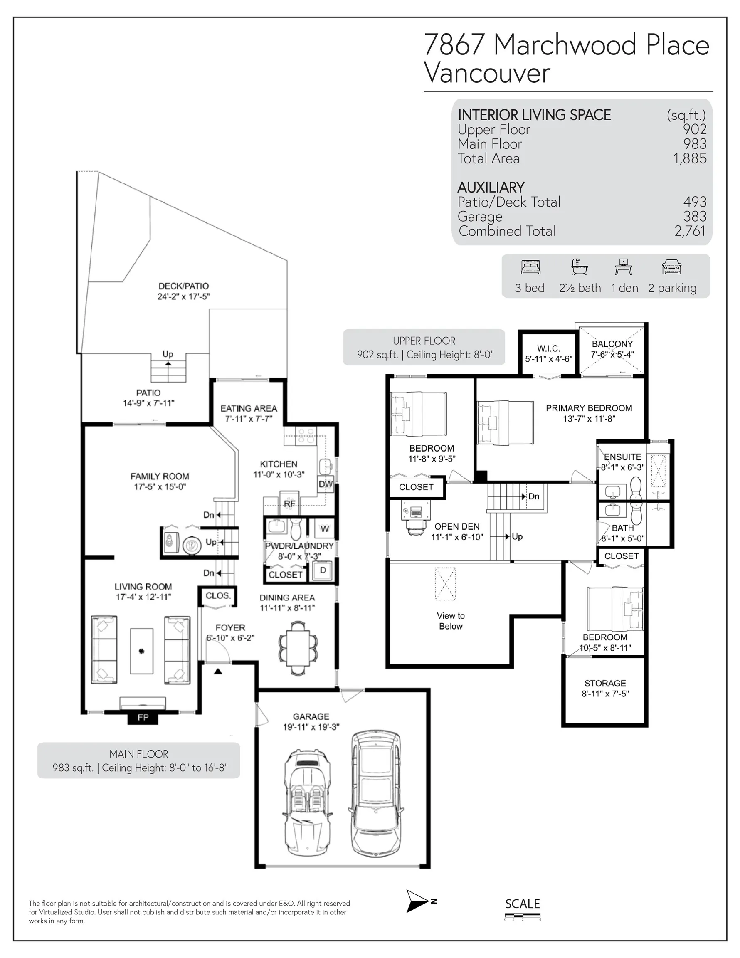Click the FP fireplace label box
click(x=143, y=718)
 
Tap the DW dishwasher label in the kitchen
click(x=326, y=484)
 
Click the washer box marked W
click(x=325, y=529)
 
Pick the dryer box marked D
click(x=323, y=570)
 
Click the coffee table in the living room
click(x=142, y=651)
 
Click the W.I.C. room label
click(x=548, y=348)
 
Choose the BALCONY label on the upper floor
click(x=612, y=344)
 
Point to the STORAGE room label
click(x=605, y=683)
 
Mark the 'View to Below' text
click(x=451, y=621)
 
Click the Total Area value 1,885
click(x=690, y=158)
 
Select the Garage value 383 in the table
click(x=695, y=216)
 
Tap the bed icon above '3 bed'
click(x=530, y=267)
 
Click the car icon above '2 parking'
click(x=671, y=267)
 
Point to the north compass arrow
click(x=417, y=901)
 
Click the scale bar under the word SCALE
click(x=523, y=916)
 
